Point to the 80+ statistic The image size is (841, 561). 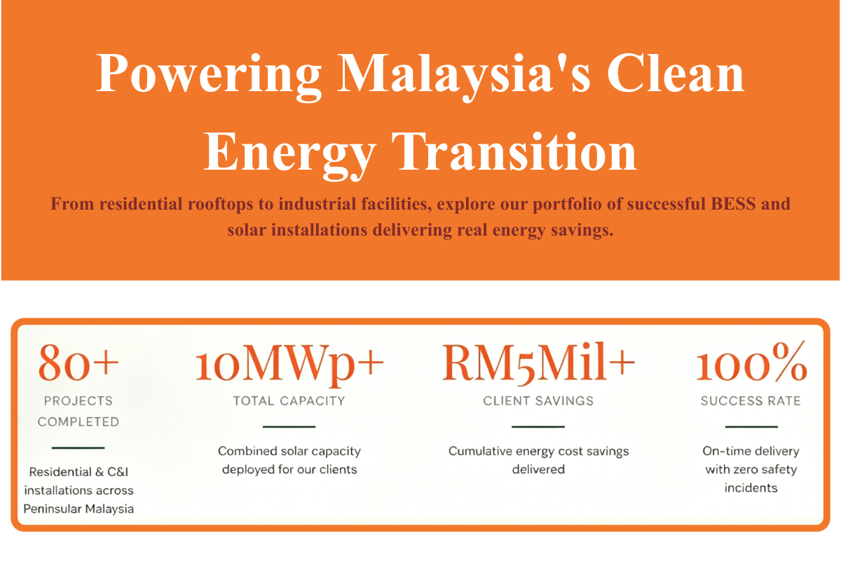point(78,363)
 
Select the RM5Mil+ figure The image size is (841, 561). point(538,363)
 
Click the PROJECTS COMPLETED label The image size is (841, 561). point(78,412)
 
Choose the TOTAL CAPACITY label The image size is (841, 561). point(289,401)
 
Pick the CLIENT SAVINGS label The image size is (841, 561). point(538,401)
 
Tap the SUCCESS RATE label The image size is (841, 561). point(751,401)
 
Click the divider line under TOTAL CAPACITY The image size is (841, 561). point(289,427)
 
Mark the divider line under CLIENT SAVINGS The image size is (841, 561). point(538,427)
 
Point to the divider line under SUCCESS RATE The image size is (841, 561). point(751,427)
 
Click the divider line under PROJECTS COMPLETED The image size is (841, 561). point(78,448)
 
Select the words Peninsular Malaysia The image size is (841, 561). point(78,509)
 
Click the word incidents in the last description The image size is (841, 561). point(751,488)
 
